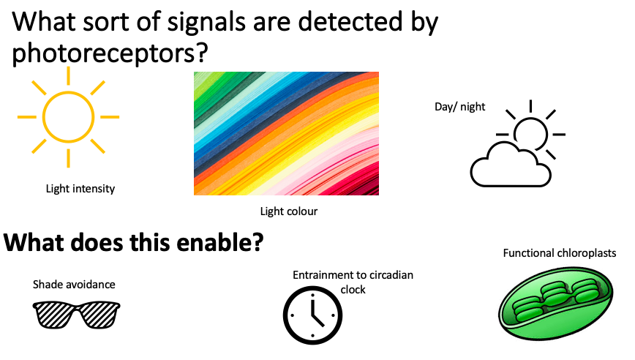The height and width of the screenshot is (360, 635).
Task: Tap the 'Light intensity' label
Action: [80, 189]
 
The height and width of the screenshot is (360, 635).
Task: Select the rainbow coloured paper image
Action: [286, 134]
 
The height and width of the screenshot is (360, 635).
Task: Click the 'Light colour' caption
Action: [289, 211]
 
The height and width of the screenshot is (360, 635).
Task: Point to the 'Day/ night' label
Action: [459, 107]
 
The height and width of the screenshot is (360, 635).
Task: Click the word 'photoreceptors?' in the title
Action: [110, 53]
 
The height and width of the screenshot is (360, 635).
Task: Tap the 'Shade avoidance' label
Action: [74, 285]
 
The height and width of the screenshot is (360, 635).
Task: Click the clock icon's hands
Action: [313, 312]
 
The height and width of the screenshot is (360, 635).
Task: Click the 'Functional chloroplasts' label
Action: [560, 253]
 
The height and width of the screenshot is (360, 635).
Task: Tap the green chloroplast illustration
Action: [556, 304]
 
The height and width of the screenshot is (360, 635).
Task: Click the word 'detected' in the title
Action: [350, 21]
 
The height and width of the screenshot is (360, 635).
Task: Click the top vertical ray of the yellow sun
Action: [69, 75]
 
